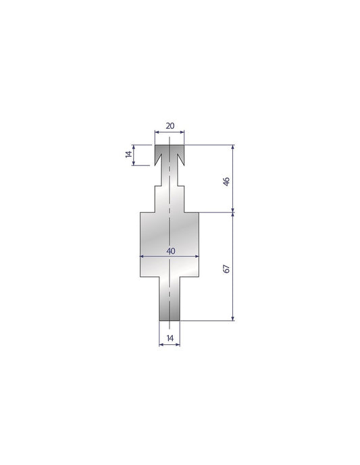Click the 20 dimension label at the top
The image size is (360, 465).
pyautogui.click(x=170, y=126)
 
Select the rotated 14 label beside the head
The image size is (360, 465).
pyautogui.click(x=129, y=155)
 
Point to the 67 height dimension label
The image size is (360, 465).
pyautogui.click(x=227, y=268)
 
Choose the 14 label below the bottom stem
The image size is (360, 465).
pyautogui.click(x=170, y=337)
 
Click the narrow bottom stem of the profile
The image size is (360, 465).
pyautogui.click(x=170, y=300)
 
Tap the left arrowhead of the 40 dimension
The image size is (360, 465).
pyautogui.click(x=142, y=256)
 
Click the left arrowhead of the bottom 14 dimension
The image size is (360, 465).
pyautogui.click(x=161, y=344)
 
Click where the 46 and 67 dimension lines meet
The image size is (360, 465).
pyautogui.click(x=233, y=212)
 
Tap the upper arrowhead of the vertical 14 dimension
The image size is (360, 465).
pyautogui.click(x=134, y=146)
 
